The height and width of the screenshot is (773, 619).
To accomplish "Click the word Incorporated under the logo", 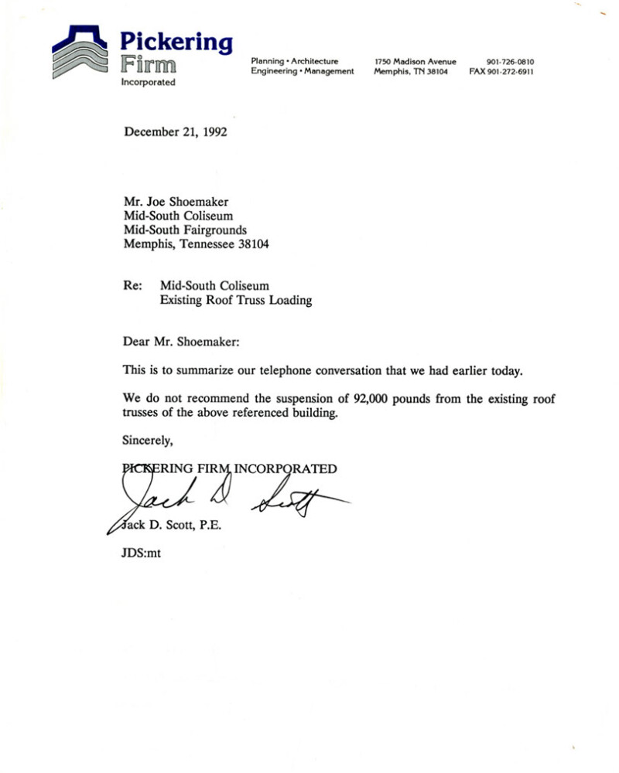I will pyautogui.click(x=148, y=82).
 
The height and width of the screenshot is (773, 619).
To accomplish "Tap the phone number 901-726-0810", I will pyautogui.click(x=511, y=62).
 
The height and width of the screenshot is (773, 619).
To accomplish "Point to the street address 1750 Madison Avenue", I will pyautogui.click(x=415, y=62).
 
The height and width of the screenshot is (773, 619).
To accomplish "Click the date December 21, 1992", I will pyautogui.click(x=175, y=132).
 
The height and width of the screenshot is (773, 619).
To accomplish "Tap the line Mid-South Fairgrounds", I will pyautogui.click(x=185, y=230).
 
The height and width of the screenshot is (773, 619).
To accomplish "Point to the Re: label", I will pyautogui.click(x=132, y=285).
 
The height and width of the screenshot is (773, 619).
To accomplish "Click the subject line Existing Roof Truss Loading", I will pyautogui.click(x=235, y=301).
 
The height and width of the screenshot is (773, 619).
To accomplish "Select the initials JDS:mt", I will pyautogui.click(x=142, y=553).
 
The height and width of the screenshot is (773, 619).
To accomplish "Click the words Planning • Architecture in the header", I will pyautogui.click(x=294, y=61).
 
